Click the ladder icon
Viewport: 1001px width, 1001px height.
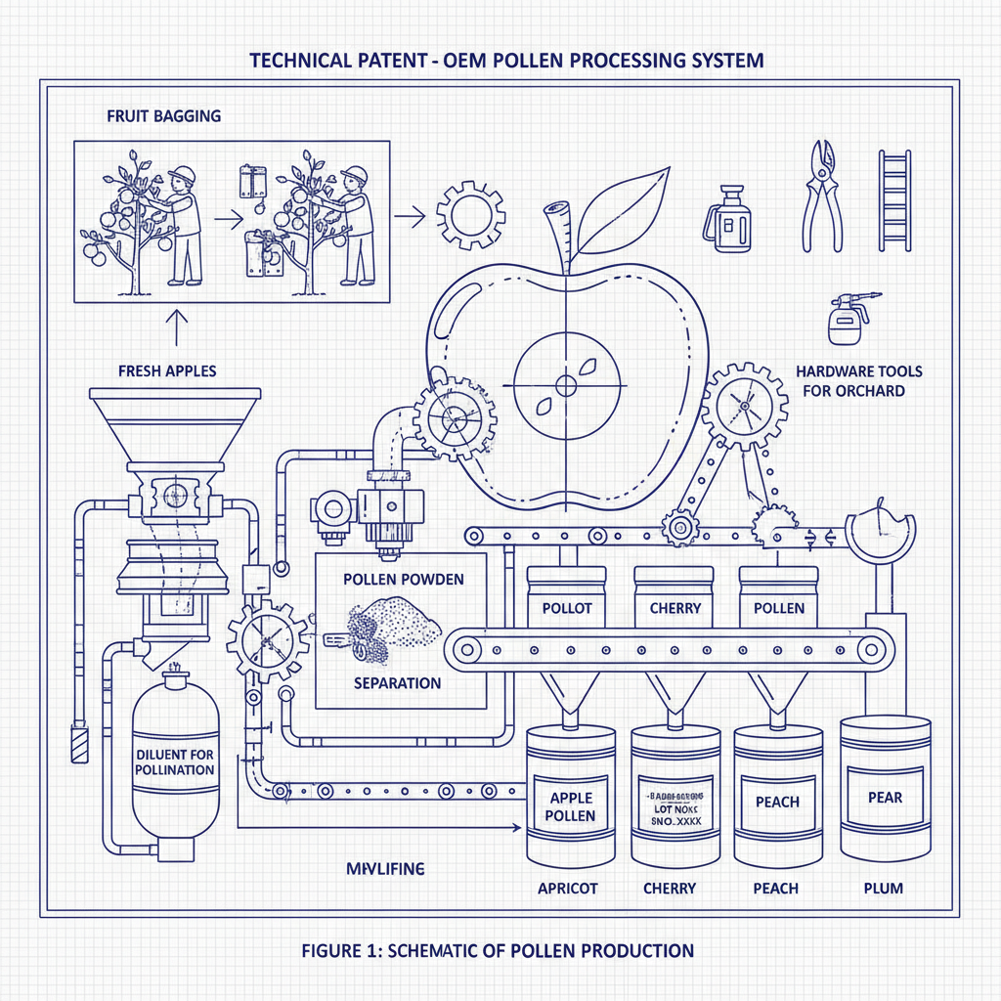893,200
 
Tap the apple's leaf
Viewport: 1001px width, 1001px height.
623,207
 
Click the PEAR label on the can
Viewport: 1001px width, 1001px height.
885,797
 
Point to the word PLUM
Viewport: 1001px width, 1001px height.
884,889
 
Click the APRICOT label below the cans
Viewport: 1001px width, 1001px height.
568,889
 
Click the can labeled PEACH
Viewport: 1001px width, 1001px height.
778,802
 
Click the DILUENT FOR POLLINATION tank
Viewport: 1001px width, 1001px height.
176,762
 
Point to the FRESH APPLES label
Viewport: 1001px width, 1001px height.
166,371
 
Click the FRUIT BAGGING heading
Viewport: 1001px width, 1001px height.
163,115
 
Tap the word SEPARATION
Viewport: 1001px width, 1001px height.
397,683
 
